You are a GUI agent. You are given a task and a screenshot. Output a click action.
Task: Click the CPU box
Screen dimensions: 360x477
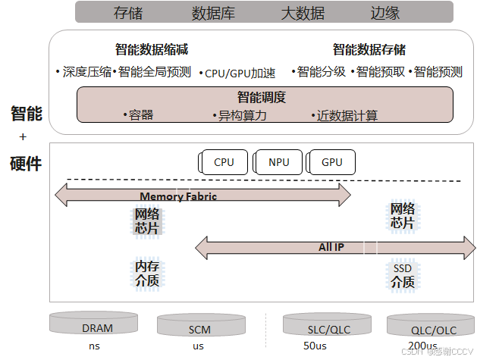click(x=224, y=161)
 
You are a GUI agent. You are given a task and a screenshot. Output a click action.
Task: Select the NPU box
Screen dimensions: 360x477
click(x=278, y=161)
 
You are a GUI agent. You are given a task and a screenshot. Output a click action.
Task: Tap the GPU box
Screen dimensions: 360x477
click(x=332, y=161)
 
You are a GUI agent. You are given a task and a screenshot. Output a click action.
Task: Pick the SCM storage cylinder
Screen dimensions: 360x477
click(x=200, y=327)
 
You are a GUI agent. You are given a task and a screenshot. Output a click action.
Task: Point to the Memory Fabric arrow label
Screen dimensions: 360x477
click(x=178, y=196)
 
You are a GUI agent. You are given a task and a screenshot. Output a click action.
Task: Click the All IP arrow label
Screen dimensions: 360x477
click(x=331, y=247)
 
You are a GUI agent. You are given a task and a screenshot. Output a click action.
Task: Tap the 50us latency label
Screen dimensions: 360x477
click(x=315, y=346)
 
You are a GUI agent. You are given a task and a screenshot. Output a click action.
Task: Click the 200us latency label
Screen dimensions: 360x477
click(x=410, y=346)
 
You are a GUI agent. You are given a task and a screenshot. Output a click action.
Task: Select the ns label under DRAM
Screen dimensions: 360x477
click(x=94, y=346)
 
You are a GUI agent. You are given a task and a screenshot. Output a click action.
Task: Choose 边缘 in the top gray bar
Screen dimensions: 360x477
click(x=385, y=12)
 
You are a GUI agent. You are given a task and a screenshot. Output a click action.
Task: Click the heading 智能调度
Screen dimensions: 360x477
click(x=262, y=97)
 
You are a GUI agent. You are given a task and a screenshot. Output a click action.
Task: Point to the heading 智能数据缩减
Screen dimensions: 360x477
click(x=152, y=50)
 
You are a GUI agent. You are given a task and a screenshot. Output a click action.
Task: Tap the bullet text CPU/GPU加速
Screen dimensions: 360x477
click(x=241, y=74)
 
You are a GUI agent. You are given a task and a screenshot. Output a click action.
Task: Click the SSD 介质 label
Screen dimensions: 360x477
click(x=403, y=275)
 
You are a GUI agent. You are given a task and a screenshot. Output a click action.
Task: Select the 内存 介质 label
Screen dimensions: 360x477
click(x=147, y=274)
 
